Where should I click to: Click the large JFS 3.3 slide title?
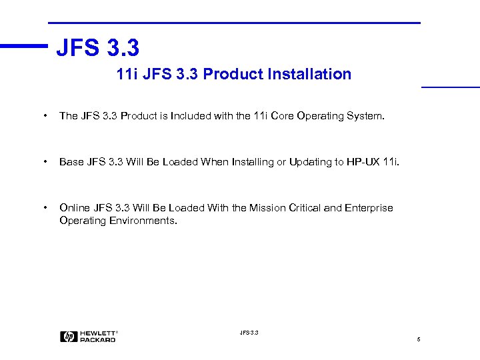pos(97,48)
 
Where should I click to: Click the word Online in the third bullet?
pos(73,208)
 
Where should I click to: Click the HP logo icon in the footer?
pos(69,337)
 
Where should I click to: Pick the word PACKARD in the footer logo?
pos(98,340)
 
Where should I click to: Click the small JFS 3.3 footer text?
pos(248,332)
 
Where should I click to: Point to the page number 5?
pos(418,340)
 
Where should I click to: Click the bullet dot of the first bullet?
pos(45,117)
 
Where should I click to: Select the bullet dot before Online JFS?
pos(45,209)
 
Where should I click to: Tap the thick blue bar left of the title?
pos(24,46)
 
